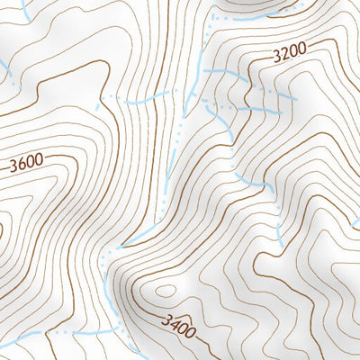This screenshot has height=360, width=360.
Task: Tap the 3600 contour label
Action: [x=26, y=165]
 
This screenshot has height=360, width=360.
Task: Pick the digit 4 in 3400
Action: [x=174, y=322]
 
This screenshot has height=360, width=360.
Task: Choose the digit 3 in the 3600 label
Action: [x=13, y=167]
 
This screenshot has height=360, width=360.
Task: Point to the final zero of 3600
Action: [x=39, y=162]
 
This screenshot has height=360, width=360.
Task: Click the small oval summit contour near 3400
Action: [x=166, y=290]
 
